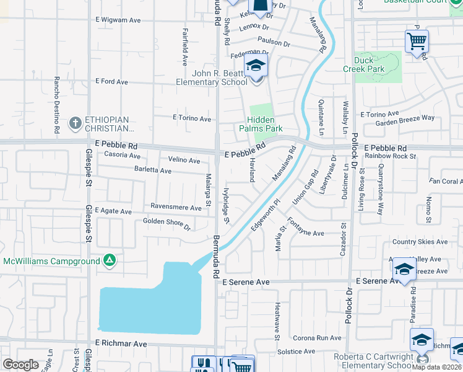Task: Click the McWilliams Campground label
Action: click(x=51, y=261)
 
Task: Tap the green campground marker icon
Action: click(x=109, y=260)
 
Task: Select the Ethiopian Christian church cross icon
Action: click(x=76, y=123)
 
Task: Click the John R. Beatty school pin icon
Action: click(x=255, y=66)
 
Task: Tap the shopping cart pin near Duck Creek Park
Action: click(x=417, y=42)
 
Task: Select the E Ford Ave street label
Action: click(x=111, y=82)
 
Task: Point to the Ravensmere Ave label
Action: click(x=176, y=207)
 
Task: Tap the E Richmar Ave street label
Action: click(x=121, y=343)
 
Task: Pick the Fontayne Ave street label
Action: click(x=306, y=233)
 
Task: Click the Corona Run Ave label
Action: click(x=318, y=339)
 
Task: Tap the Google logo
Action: click(x=21, y=365)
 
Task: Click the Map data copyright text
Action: click(x=436, y=366)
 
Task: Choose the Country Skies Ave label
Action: click(x=420, y=242)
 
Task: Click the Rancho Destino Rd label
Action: click(x=56, y=105)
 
